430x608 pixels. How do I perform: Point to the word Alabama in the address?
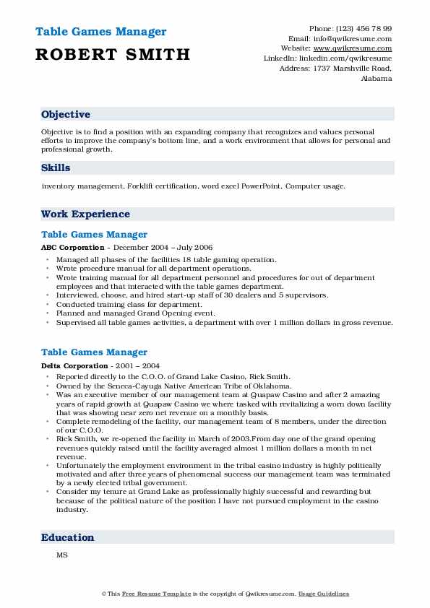tap(376, 78)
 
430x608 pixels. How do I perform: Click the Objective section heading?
tap(66, 115)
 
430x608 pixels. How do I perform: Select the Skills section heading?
tap(56, 168)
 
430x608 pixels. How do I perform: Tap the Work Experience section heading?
tap(85, 214)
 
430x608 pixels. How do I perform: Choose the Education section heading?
tap(68, 537)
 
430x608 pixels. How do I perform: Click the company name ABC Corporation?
tap(68, 247)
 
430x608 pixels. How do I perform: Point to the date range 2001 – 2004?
tap(127, 365)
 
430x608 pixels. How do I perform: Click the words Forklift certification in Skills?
tap(157, 186)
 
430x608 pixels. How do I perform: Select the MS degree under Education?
tap(61, 556)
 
